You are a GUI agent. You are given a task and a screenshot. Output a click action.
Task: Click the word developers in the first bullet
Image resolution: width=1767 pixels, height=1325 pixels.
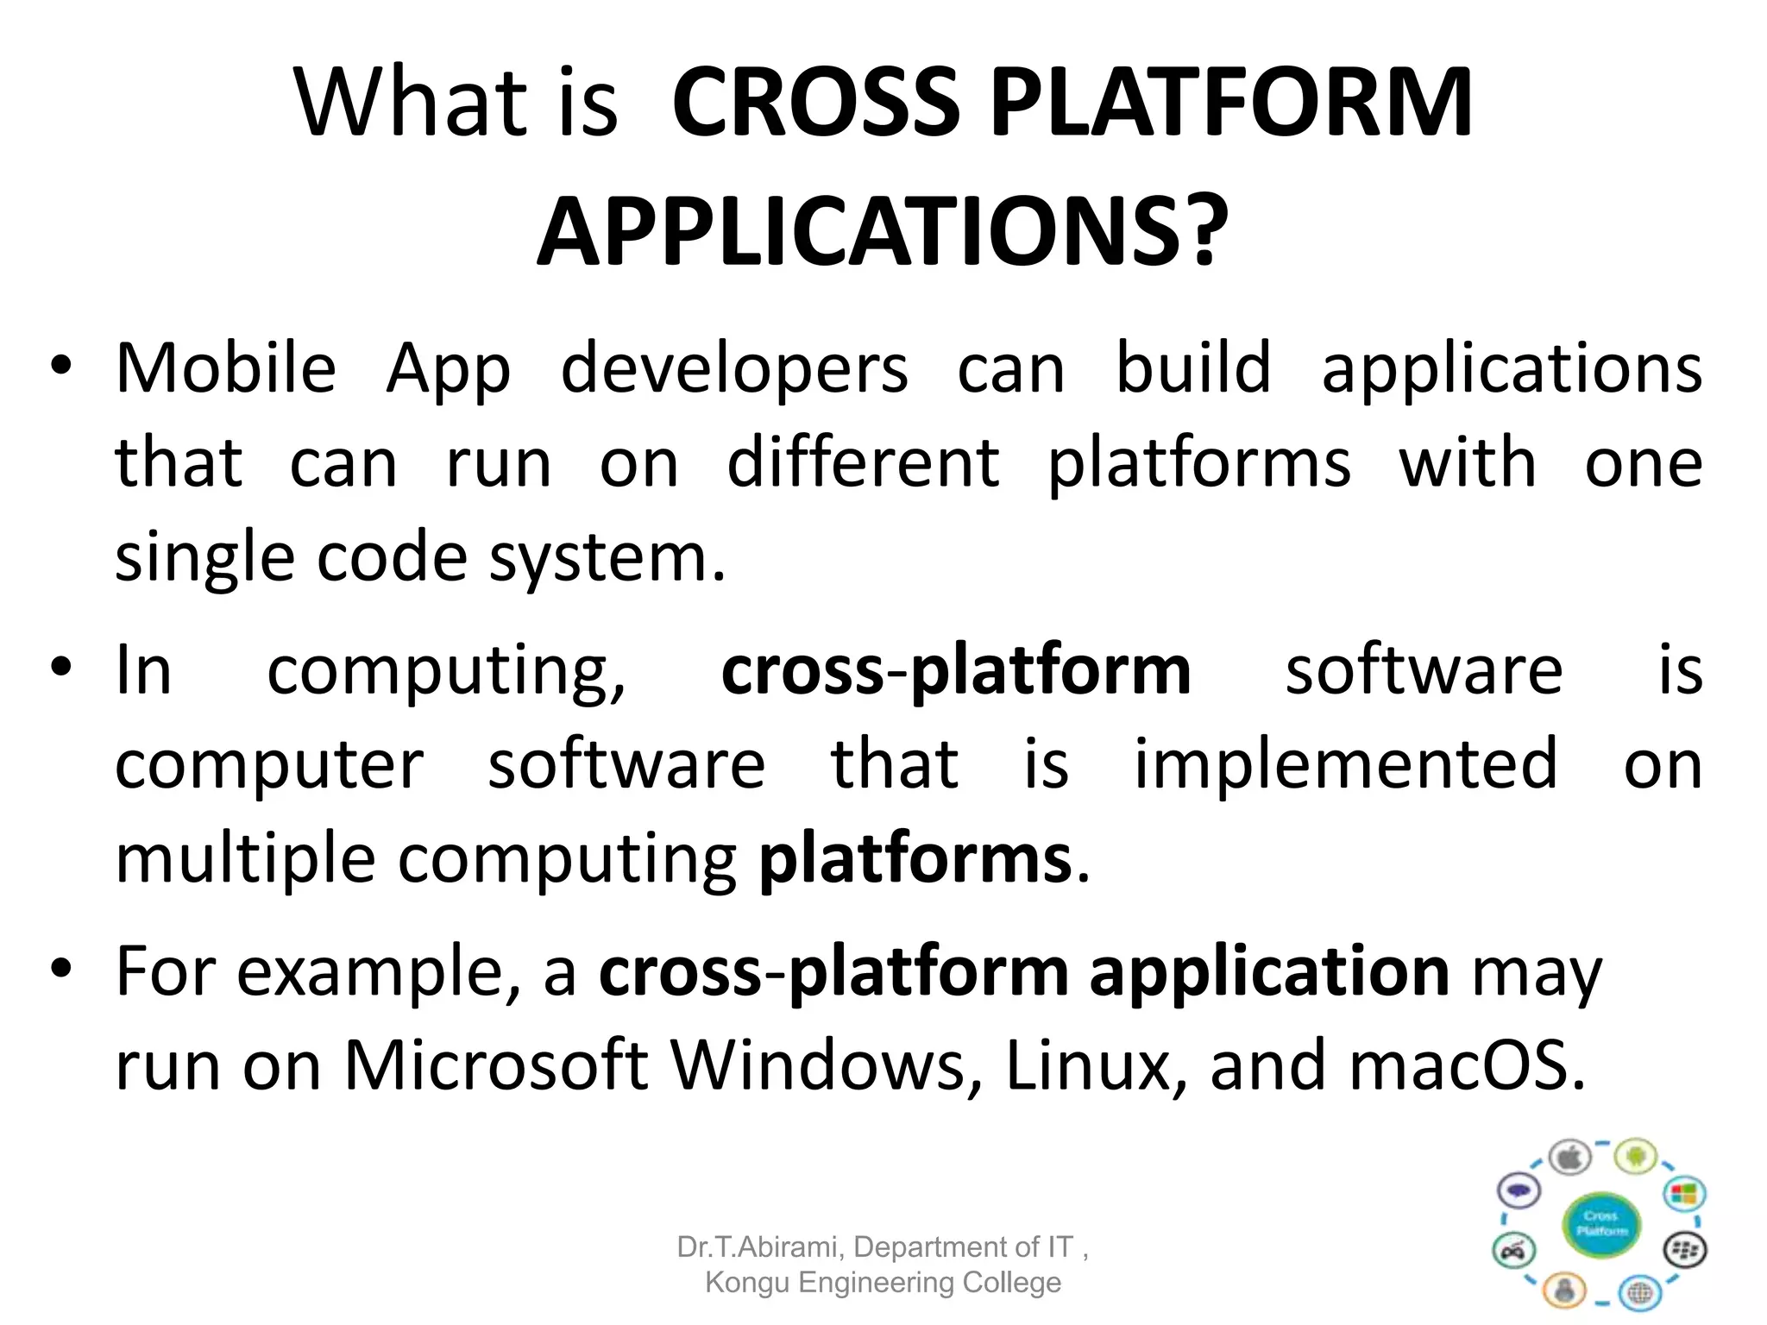coord(734,369)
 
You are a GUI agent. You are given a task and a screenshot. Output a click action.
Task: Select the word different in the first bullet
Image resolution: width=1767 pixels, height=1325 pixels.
coord(863,463)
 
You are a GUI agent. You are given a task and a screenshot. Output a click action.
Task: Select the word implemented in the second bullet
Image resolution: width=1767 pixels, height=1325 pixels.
coord(1345,764)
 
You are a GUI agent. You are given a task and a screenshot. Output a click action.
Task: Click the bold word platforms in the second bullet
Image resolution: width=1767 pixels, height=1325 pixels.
coord(915,860)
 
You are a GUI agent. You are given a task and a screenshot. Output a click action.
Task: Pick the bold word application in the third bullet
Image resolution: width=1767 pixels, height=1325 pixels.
coord(1269,973)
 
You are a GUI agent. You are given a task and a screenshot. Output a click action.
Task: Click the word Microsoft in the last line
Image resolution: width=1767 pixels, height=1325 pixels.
coord(495,1066)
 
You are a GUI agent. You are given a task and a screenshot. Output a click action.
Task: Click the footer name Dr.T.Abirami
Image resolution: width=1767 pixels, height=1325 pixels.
coord(760,1247)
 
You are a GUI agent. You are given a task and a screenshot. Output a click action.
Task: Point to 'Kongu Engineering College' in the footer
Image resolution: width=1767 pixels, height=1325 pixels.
coord(883,1283)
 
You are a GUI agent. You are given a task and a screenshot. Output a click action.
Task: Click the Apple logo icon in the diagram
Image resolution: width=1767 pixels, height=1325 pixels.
coord(1569,1158)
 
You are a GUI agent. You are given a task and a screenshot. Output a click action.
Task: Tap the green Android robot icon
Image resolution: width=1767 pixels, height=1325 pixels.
coord(1636,1156)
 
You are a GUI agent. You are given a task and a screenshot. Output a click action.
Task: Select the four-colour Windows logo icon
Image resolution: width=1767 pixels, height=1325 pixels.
coord(1683,1194)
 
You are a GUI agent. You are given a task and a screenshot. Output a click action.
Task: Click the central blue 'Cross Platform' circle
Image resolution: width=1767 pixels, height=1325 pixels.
coord(1601,1223)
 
